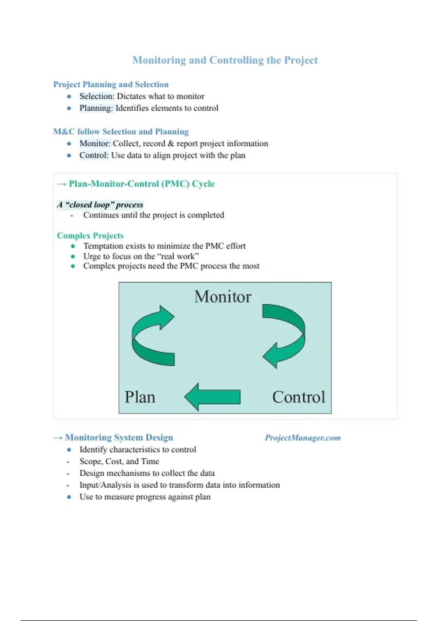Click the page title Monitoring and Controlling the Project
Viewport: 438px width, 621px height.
click(x=225, y=60)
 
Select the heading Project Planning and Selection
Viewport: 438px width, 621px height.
click(x=111, y=84)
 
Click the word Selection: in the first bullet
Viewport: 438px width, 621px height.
click(x=97, y=96)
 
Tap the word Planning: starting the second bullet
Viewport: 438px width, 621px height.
click(x=96, y=108)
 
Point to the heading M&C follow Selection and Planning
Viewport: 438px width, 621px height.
click(x=121, y=132)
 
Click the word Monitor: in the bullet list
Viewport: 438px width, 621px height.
click(x=95, y=144)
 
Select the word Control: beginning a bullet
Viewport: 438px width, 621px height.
click(x=94, y=155)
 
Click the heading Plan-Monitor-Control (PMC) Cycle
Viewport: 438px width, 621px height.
click(x=141, y=184)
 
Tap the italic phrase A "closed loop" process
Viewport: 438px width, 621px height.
click(x=100, y=205)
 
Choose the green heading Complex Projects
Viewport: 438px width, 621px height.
click(x=90, y=236)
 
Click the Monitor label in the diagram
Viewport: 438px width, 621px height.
click(x=223, y=297)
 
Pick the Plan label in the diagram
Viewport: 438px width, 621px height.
click(x=140, y=397)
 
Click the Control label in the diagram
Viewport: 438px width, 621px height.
click(x=299, y=397)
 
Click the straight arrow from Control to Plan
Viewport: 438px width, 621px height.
click(x=212, y=397)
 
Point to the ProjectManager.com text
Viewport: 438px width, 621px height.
click(x=303, y=438)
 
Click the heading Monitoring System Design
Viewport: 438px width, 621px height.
click(x=119, y=438)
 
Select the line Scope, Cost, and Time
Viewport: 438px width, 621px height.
click(x=119, y=461)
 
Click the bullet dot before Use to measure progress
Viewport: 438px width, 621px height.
click(x=69, y=497)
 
